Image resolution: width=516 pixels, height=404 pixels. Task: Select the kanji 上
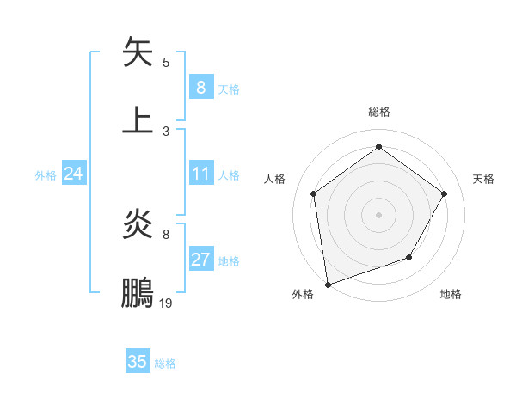[138, 120]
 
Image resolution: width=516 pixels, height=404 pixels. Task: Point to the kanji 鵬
[138, 292]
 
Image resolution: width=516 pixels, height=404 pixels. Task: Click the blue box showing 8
[200, 87]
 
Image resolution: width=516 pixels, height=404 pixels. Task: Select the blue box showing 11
[200, 174]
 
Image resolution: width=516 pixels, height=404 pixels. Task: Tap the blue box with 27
[200, 260]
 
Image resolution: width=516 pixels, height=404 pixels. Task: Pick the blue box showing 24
[74, 174]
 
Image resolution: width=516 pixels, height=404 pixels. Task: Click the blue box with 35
[138, 362]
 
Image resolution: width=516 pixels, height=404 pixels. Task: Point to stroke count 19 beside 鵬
[166, 303]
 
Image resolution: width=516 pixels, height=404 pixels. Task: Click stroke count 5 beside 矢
[166, 62]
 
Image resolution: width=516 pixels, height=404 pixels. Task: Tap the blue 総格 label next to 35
[165, 364]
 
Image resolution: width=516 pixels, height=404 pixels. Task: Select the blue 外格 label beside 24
[46, 175]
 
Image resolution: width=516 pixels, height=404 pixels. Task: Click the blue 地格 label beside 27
[229, 261]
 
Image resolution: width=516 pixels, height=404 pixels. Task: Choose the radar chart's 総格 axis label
[378, 112]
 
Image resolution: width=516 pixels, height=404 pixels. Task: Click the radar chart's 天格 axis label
[483, 179]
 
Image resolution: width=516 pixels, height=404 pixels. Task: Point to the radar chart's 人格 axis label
[274, 179]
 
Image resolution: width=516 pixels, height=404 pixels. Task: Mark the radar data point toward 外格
[328, 284]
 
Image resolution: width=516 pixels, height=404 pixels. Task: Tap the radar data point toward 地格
[409, 257]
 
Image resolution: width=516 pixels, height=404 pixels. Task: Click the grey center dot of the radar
[378, 214]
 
